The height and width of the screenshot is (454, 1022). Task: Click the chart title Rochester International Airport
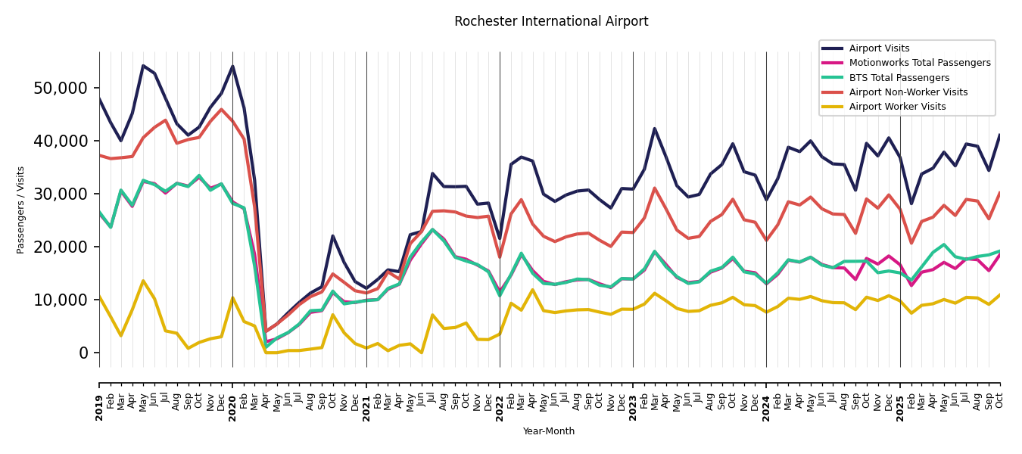[x=551, y=22]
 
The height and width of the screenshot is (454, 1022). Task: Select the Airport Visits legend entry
[x=879, y=48]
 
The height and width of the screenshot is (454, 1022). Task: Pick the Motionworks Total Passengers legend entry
[x=919, y=63]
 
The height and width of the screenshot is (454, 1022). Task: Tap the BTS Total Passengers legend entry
[x=899, y=78]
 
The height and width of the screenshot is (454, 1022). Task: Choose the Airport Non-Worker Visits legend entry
[x=908, y=92]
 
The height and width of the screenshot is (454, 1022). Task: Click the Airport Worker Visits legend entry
[x=897, y=107]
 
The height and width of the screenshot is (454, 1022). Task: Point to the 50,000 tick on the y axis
[x=61, y=88]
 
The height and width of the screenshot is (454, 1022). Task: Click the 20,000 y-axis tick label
[x=61, y=247]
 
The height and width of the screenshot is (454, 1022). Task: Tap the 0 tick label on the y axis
[x=83, y=353]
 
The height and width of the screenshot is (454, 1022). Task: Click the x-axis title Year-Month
[x=549, y=431]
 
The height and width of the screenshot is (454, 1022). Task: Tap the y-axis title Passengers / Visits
[x=21, y=210]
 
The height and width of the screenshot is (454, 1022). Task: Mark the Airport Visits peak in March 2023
[x=655, y=129]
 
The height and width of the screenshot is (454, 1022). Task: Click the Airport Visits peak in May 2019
[x=143, y=65]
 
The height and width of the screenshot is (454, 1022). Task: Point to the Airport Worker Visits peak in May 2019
[x=143, y=281]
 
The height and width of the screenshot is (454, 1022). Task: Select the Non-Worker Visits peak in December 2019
[x=221, y=109]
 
